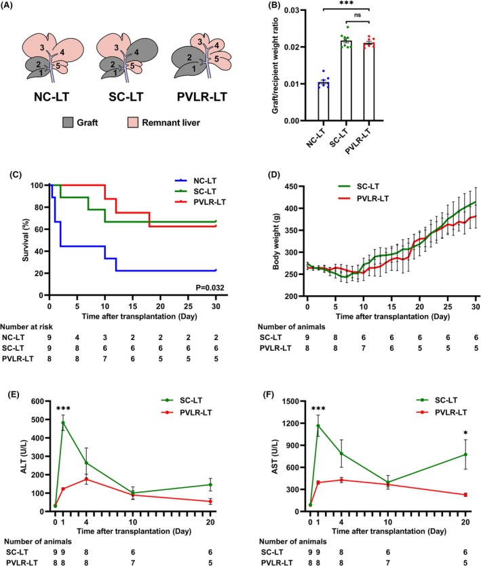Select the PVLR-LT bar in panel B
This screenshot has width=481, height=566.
(x=369, y=82)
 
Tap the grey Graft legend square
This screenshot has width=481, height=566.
(x=67, y=123)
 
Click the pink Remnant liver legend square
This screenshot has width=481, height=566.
(x=133, y=123)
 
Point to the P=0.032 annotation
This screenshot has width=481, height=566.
(x=210, y=288)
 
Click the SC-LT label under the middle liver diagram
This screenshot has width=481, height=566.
(x=126, y=97)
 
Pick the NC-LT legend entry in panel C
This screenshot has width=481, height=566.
(x=195, y=181)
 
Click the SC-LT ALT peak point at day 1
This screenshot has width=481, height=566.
(x=63, y=423)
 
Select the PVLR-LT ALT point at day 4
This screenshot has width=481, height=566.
(x=86, y=479)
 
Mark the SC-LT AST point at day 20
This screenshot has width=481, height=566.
(x=465, y=455)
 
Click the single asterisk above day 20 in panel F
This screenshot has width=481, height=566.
(x=465, y=433)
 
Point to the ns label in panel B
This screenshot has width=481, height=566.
(x=358, y=15)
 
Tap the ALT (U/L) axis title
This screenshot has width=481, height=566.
(x=24, y=456)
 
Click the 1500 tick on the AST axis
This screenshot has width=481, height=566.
(x=292, y=401)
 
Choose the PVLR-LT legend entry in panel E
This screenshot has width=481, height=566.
(x=187, y=412)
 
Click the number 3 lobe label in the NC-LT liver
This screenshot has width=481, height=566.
(x=42, y=48)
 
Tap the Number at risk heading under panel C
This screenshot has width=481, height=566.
(x=26, y=326)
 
